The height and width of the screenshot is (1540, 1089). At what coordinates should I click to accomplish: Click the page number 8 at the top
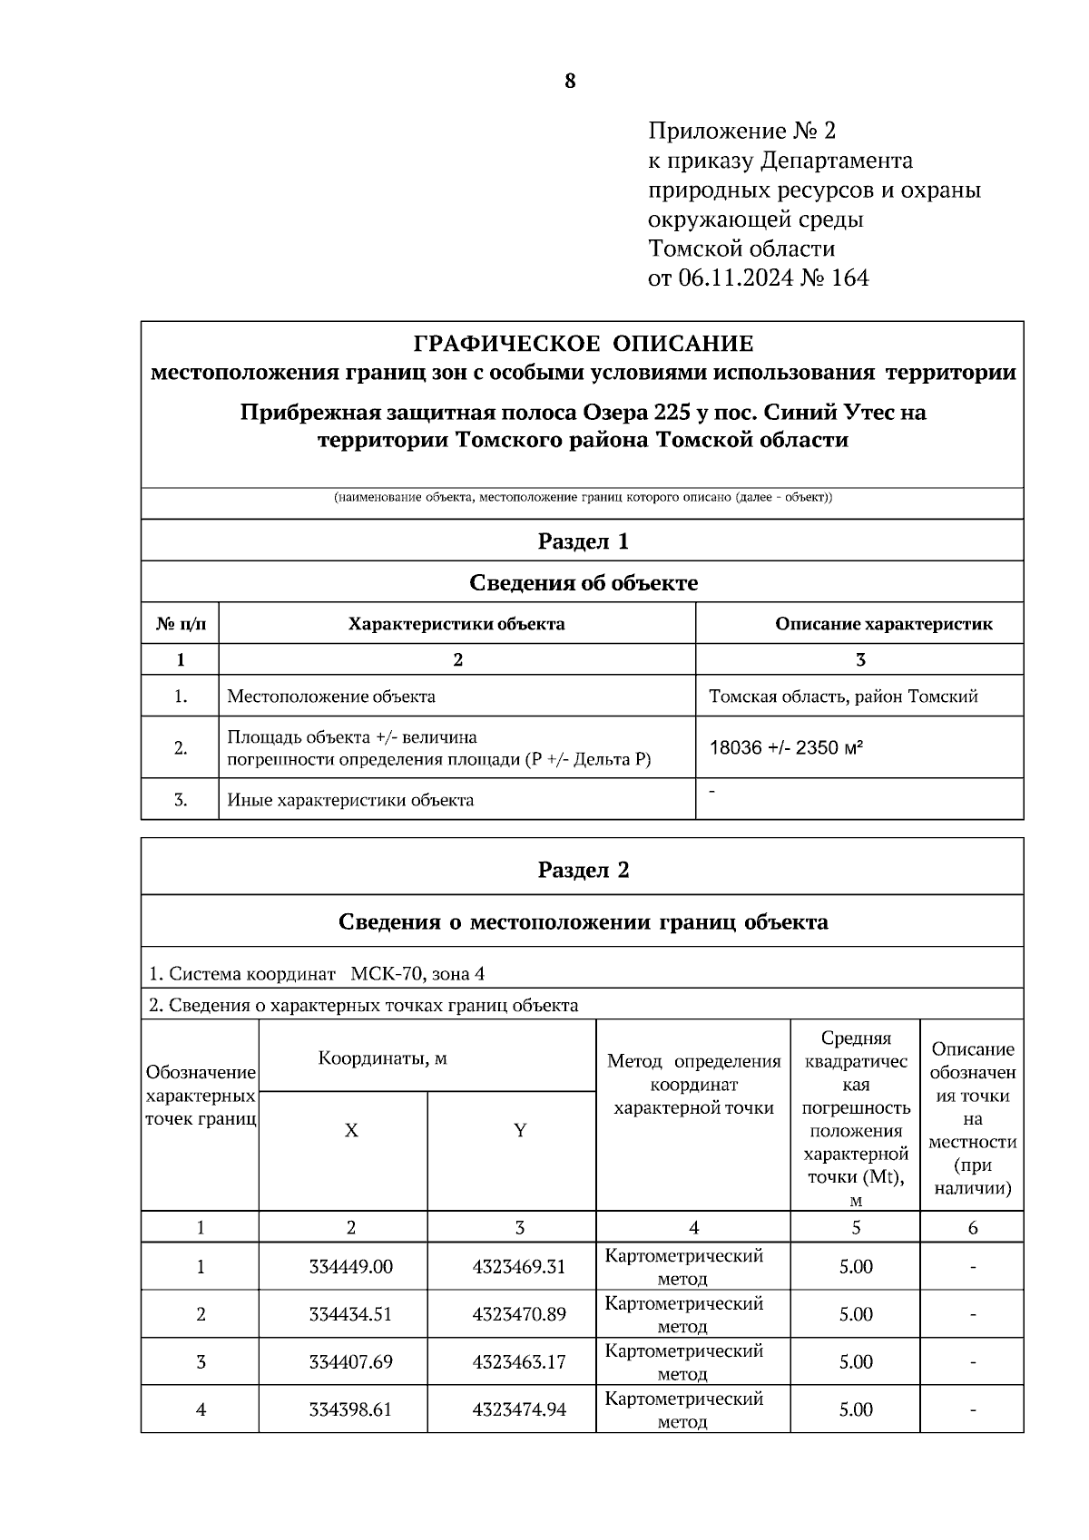pos(570,82)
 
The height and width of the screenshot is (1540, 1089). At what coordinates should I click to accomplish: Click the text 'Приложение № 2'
pos(741,132)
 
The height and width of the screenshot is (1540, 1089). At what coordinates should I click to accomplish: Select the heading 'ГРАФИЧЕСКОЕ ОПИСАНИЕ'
pos(584,344)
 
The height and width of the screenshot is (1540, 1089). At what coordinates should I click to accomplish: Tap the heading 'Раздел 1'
pos(584,541)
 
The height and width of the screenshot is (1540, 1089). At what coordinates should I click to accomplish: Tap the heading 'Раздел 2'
pos(584,870)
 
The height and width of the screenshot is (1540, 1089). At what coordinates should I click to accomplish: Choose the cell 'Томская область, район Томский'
pos(843,697)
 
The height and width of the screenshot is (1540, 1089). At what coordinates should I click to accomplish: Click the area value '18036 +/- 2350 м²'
pos(786,748)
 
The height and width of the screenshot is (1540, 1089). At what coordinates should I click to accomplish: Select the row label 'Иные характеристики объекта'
pos(350,800)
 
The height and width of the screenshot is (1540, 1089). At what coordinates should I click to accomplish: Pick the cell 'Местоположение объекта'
pos(331,697)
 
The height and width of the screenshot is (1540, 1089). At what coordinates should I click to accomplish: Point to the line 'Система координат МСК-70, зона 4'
pos(317,974)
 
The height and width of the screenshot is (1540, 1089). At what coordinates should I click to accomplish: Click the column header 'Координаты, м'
pos(382,1058)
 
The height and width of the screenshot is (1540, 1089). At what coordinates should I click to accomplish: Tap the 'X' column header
pos(351,1131)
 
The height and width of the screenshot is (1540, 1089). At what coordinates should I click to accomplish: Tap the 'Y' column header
pos(520,1131)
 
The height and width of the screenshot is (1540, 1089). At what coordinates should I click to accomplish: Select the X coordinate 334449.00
pos(351,1266)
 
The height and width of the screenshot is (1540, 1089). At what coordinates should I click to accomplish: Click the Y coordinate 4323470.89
pos(519,1314)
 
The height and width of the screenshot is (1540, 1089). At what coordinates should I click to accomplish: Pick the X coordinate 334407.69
pos(351,1361)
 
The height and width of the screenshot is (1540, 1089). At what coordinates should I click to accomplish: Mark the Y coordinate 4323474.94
pos(519,1409)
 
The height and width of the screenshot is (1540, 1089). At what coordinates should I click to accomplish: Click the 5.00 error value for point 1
pos(856,1266)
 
